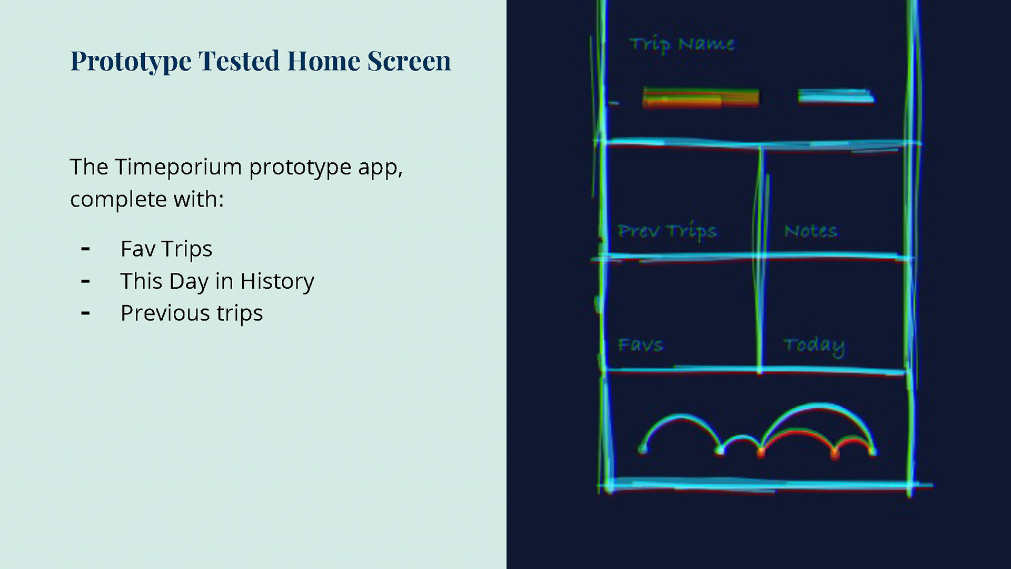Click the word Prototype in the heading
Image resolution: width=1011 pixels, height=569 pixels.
pos(131,62)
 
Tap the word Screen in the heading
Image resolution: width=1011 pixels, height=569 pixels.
pos(409,61)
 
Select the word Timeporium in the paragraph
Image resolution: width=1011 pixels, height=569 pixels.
pos(179,167)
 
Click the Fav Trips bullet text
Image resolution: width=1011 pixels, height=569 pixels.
pos(166,249)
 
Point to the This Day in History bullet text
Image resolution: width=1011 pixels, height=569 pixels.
pos(217,281)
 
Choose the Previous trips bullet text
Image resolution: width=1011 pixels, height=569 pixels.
pos(192,313)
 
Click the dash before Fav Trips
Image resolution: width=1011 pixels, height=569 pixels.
pos(86,249)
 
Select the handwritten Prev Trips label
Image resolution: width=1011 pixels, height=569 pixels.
pos(667,232)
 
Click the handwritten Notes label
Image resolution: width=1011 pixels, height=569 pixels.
pos(810,231)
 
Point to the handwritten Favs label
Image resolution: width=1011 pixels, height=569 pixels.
pos(640,345)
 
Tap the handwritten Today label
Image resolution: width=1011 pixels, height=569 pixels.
pos(814,346)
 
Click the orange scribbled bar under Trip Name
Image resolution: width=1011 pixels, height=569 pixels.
pos(701,99)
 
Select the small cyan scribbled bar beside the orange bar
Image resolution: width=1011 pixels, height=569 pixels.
pos(836,96)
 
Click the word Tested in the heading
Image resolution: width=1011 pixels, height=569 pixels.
pos(239,61)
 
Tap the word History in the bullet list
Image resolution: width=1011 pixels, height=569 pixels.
pos(277,281)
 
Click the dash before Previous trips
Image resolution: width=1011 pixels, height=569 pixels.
pos(86,313)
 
